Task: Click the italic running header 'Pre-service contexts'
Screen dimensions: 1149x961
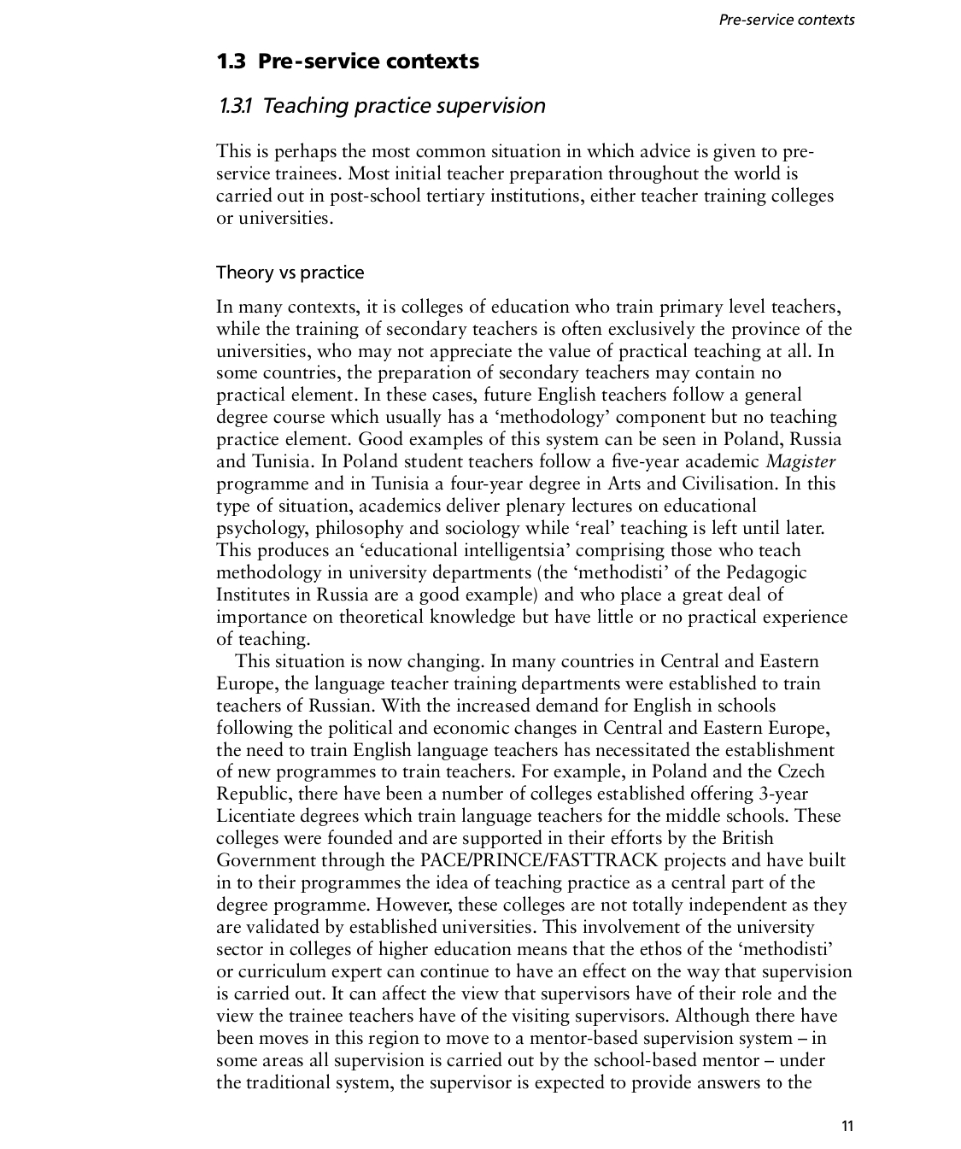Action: point(786,20)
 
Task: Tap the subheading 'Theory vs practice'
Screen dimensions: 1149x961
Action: point(290,273)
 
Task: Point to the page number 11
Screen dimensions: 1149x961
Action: point(847,1125)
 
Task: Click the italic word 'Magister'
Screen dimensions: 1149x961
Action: point(800,462)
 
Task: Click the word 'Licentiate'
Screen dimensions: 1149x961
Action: point(257,816)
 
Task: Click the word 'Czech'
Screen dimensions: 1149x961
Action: point(800,771)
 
